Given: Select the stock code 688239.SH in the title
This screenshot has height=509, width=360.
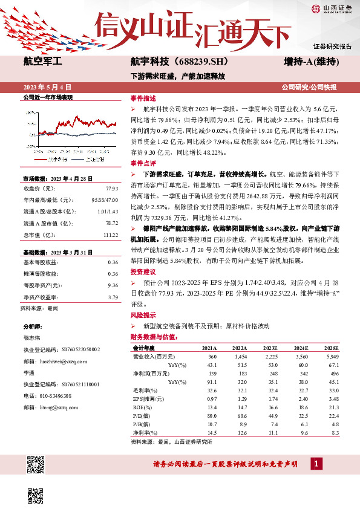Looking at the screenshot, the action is pyautogui.click(x=199, y=61).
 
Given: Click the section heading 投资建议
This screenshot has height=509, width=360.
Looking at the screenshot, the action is pyautogui.click(x=143, y=271).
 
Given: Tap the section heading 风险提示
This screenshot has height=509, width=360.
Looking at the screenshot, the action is pyautogui.click(x=143, y=316).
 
